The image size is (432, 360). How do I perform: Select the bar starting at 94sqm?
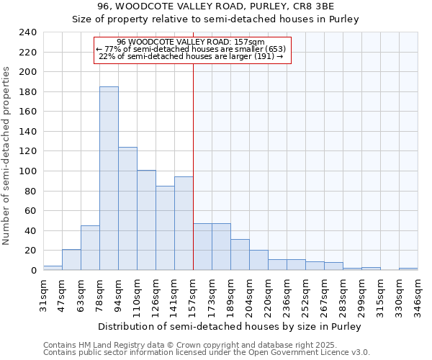[x=127, y=209]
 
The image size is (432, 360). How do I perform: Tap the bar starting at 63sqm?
[x=90, y=248]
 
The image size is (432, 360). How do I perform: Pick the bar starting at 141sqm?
[x=184, y=223]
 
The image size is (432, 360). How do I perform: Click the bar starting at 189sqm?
[x=240, y=255]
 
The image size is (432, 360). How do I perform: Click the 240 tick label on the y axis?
[x=28, y=32]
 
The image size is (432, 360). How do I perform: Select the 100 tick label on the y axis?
[x=28, y=171]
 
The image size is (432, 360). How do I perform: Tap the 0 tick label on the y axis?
[x=33, y=271]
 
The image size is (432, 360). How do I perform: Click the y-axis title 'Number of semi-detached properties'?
[x=6, y=155]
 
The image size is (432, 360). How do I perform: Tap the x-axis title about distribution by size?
[x=229, y=326]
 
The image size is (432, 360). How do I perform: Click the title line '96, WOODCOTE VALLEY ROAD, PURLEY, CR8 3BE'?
[x=215, y=6]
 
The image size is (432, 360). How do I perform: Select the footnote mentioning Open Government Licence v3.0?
[x=207, y=353]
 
